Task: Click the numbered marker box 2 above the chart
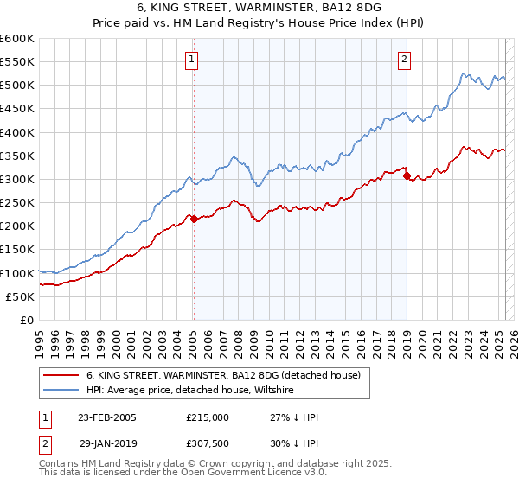(x=404, y=60)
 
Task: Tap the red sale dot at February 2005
(x=194, y=219)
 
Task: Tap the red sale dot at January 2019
(x=407, y=175)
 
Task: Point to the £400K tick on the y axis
(x=17, y=132)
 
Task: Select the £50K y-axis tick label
(x=21, y=296)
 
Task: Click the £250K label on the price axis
(x=17, y=203)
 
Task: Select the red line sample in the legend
(x=61, y=375)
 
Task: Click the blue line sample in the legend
(x=61, y=391)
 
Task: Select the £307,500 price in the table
(x=208, y=442)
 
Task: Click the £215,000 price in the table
(x=208, y=417)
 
